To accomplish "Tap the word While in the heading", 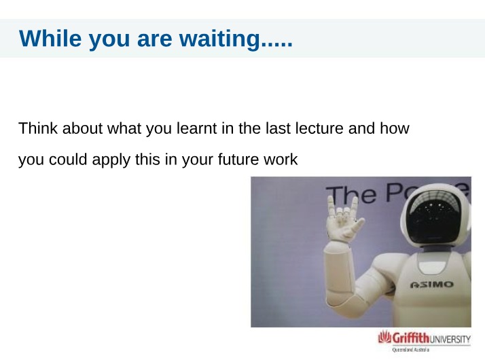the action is (x=50, y=38).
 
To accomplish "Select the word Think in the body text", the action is (x=38, y=128).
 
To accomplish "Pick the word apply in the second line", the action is (x=111, y=160).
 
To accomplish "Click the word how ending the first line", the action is (x=395, y=128).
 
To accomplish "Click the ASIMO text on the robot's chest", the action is (x=432, y=285).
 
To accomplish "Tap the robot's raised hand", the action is (x=343, y=219).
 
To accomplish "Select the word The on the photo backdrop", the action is (x=352, y=195).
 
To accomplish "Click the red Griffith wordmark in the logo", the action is (x=411, y=338).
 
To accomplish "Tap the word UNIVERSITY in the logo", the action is (x=450, y=339).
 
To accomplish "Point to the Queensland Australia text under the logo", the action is (x=411, y=350).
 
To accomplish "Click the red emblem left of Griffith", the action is (x=384, y=337).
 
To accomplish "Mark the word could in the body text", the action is (x=68, y=159).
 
